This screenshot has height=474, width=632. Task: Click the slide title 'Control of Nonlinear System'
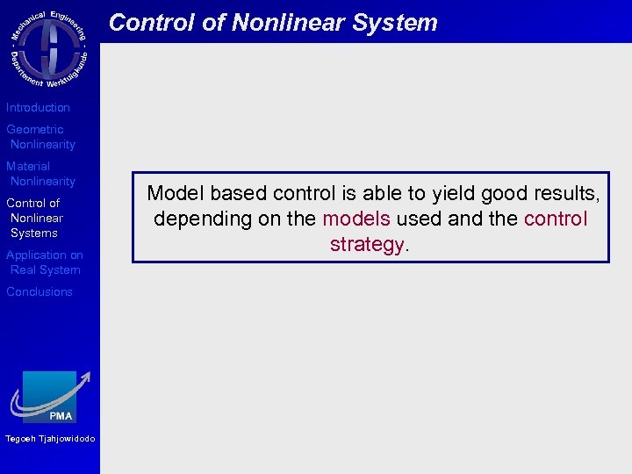[273, 23]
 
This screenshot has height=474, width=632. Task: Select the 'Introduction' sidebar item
[38, 108]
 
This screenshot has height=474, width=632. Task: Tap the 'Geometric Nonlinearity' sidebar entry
[40, 137]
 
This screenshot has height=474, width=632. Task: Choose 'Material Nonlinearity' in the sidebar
[40, 174]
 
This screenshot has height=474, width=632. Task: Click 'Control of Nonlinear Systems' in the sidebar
[35, 218]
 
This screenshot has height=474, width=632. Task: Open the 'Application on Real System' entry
[45, 262]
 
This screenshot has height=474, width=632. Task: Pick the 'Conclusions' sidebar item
[39, 292]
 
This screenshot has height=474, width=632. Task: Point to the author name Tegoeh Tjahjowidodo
[50, 440]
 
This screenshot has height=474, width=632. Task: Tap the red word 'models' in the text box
[355, 219]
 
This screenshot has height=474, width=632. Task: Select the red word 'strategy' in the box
[368, 245]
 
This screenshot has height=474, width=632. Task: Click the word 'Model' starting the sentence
[176, 193]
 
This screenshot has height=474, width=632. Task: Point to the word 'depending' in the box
[203, 219]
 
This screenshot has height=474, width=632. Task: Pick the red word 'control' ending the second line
[555, 219]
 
